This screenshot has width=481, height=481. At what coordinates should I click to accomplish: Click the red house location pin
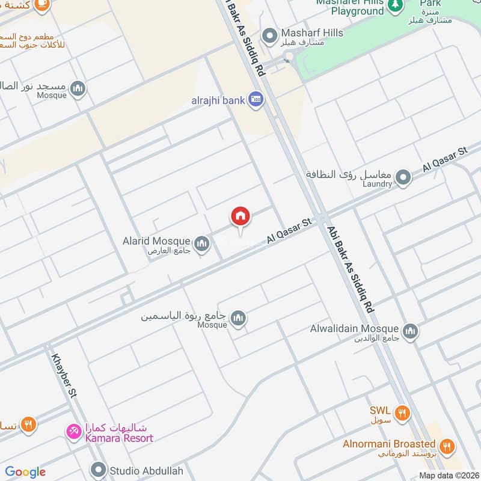(x=240, y=216)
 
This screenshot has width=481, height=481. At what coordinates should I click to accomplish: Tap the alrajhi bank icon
(x=256, y=100)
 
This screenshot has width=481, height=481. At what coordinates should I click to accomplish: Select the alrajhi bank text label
(x=218, y=100)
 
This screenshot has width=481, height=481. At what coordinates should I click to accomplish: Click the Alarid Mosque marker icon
(x=202, y=243)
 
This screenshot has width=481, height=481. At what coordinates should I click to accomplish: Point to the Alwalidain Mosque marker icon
(x=411, y=331)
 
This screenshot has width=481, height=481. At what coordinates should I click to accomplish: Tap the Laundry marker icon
(x=403, y=177)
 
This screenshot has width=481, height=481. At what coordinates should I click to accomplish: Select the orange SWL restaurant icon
(x=402, y=412)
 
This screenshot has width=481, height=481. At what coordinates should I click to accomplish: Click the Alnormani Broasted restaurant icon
(x=447, y=446)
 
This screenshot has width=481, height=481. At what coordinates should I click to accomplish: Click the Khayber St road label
(x=65, y=373)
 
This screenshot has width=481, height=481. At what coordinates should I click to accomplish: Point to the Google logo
(x=25, y=472)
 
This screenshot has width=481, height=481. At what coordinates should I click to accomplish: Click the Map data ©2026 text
(x=449, y=475)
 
